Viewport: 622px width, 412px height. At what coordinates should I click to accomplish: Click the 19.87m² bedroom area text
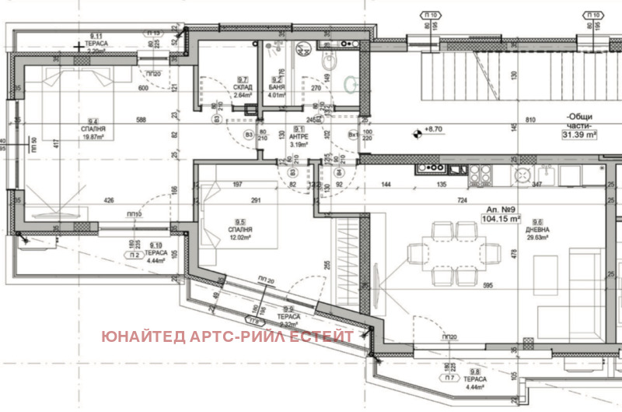pyautogui.click(x=93, y=137)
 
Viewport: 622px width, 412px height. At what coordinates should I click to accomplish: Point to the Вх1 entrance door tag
pyautogui.click(x=353, y=134)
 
